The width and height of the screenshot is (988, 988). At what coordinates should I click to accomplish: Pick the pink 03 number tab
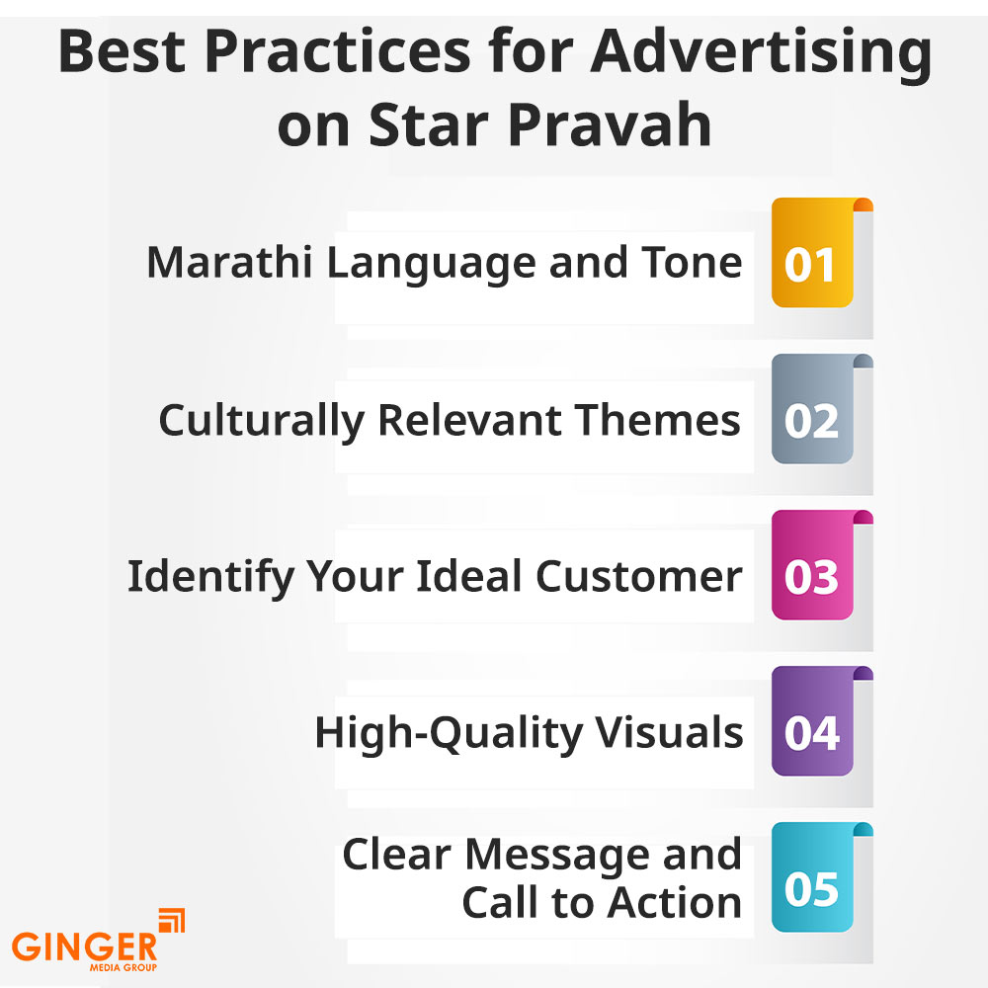[812, 576]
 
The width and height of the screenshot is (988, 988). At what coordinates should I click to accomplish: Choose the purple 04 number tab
[812, 732]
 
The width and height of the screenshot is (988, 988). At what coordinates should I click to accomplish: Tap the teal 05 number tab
[812, 888]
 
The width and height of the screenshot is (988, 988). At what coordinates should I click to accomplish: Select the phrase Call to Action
[602, 902]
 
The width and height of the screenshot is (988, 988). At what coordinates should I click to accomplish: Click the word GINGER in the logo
[84, 946]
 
